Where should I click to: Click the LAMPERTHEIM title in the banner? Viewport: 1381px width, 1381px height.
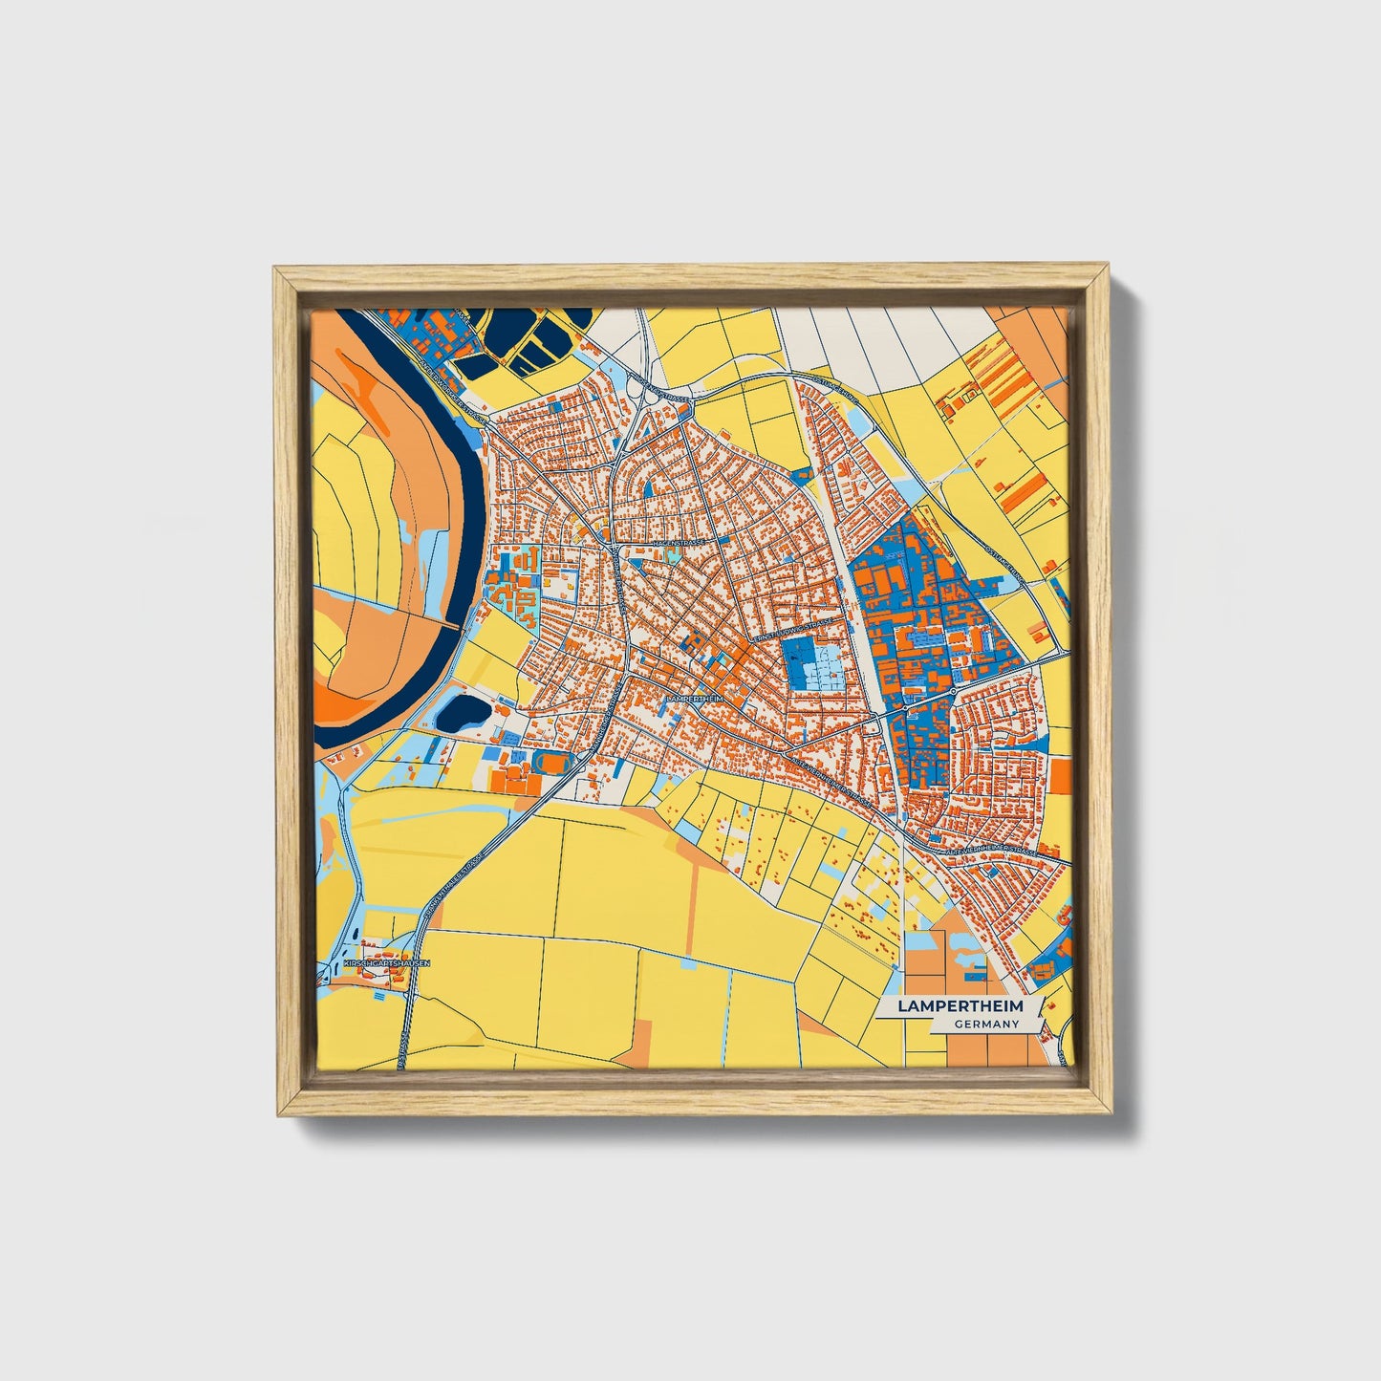[x=960, y=1006]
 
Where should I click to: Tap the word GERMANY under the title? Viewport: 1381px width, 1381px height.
[x=985, y=1024]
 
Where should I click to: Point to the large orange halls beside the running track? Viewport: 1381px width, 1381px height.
[x=516, y=780]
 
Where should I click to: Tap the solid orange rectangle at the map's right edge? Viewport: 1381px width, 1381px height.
[x=1060, y=775]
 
